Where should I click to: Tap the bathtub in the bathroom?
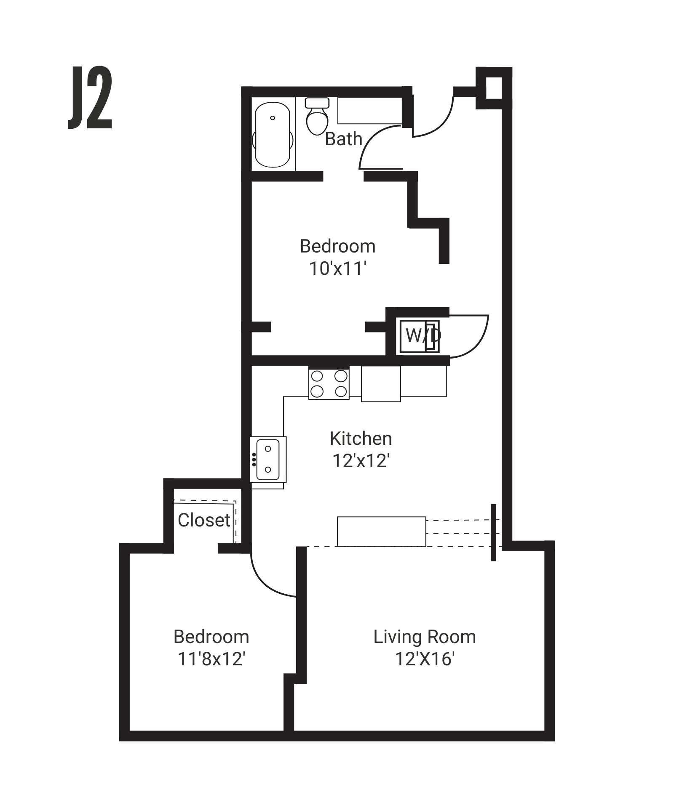coord(273,135)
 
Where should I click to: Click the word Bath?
coord(343,139)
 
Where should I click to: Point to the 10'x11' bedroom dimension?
coord(337,269)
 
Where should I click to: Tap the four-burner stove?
coord(329,383)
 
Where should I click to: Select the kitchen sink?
coord(268,459)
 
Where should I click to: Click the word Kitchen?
coord(361,439)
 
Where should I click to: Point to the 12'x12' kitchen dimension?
coord(361,461)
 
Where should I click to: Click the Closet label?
coord(204,521)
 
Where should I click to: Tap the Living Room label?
coord(424,637)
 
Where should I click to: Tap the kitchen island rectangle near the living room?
coord(381,532)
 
